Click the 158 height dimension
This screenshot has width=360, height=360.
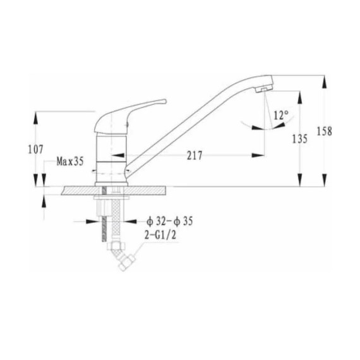[x=324, y=131]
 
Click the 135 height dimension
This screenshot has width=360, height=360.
[x=299, y=139]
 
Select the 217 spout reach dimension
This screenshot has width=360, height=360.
[x=195, y=155]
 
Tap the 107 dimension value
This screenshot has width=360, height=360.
[x=35, y=150]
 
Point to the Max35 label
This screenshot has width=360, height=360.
[x=70, y=162]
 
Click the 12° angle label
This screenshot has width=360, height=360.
[x=281, y=115]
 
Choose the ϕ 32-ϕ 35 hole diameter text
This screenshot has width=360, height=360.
[x=169, y=221]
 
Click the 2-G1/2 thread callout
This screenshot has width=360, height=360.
[x=160, y=235]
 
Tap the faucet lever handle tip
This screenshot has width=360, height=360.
[x=164, y=101]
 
